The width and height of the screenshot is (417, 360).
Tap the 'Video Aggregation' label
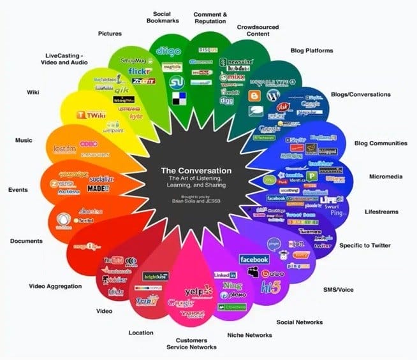tap(55, 286)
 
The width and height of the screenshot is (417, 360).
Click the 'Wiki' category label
tap(33, 92)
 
